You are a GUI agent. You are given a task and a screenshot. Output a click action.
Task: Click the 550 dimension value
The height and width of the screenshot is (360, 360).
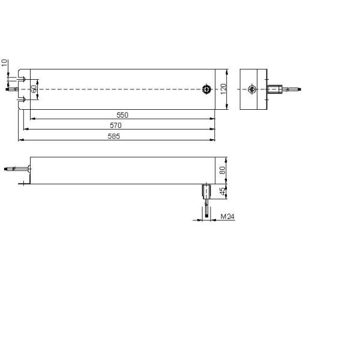pos(122,115)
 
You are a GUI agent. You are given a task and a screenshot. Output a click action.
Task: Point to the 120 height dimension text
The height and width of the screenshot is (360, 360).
pos(223,89)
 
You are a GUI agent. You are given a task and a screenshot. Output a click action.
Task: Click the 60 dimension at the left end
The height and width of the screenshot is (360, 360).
pos(35,89)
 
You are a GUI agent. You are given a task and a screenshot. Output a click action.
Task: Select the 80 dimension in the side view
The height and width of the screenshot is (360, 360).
pos(223,170)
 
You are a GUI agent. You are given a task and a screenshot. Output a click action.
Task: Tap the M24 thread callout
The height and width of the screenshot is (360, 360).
pos(227,217)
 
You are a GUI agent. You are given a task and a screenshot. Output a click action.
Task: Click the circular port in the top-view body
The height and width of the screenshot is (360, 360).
pos(206,89)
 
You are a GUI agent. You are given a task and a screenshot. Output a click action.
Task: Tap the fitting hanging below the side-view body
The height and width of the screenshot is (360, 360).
pos(205,191)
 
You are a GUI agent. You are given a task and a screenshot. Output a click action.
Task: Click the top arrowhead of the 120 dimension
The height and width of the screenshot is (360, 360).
pos(227,71)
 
